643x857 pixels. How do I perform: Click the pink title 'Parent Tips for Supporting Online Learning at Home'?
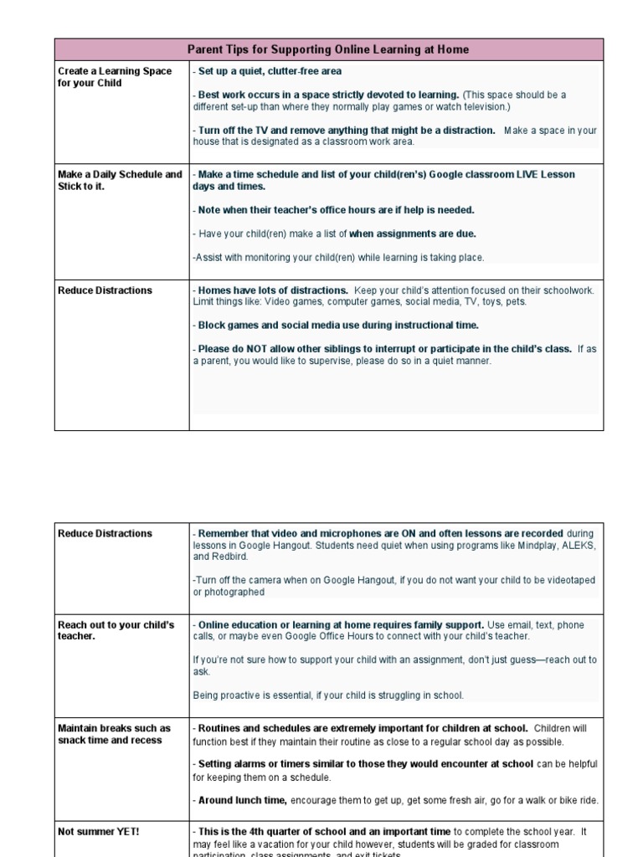pyautogui.click(x=328, y=50)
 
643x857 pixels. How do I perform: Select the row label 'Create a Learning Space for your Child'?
pyautogui.click(x=114, y=78)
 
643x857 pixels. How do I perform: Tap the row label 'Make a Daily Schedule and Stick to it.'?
pyautogui.click(x=120, y=181)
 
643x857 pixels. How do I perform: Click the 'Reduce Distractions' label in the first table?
pyautogui.click(x=105, y=290)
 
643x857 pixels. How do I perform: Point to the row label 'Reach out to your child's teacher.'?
pyautogui.click(x=116, y=630)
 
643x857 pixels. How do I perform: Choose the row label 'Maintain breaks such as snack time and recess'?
pyautogui.click(x=114, y=734)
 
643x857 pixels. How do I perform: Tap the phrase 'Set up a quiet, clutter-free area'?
pyautogui.click(x=270, y=72)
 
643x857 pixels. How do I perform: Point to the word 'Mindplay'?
pyautogui.click(x=527, y=545)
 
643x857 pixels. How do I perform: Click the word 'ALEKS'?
pyautogui.click(x=574, y=545)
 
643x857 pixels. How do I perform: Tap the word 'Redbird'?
pyautogui.click(x=230, y=557)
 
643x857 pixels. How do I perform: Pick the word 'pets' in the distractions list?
pyautogui.click(x=516, y=302)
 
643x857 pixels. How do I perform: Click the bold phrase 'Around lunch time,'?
pyautogui.click(x=243, y=800)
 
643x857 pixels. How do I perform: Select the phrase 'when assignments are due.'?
pyautogui.click(x=412, y=233)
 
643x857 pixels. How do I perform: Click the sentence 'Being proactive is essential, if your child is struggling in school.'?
pyautogui.click(x=328, y=695)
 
